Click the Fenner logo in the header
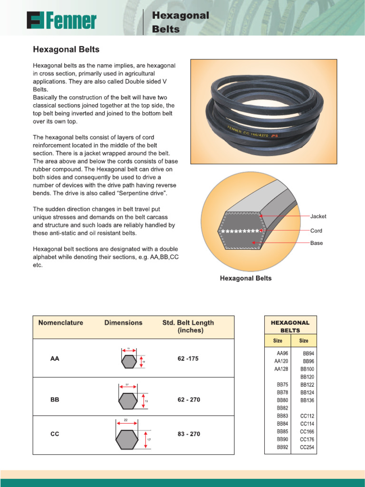(61, 21)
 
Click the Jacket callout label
(318, 216)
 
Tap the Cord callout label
(316, 231)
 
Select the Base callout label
(317, 243)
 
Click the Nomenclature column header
(61, 322)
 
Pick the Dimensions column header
(123, 322)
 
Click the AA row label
(55, 359)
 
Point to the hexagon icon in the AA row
(128, 361)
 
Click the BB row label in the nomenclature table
(55, 400)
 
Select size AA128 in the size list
(281, 369)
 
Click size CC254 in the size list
(307, 448)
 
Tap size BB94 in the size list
(308, 353)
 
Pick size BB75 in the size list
(282, 385)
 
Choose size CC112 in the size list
(307, 416)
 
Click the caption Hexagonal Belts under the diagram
(246, 278)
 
